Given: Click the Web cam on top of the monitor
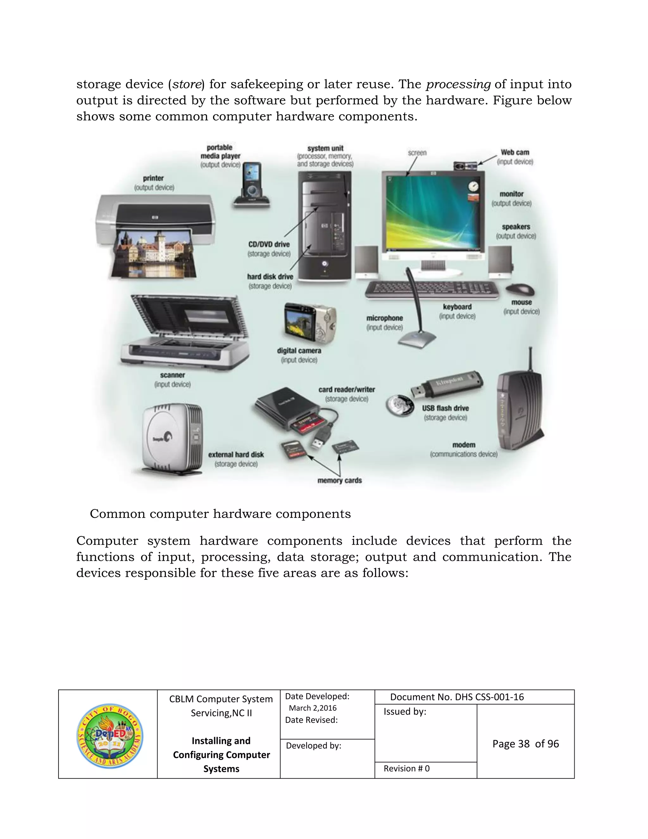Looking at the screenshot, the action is point(465,166).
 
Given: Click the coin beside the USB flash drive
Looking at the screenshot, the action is point(400,405).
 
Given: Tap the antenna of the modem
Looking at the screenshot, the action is point(530,359).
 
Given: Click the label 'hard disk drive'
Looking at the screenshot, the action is point(270,277).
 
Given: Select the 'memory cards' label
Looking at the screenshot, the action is point(340,480).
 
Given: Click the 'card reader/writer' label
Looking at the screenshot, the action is point(346,389).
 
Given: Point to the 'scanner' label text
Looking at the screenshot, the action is point(172,375).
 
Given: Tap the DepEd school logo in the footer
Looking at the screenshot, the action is point(110,736).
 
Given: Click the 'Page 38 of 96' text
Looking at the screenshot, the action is point(525,744).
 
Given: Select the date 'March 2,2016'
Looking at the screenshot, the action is point(313,708).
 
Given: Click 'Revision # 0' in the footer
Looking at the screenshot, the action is point(406,768).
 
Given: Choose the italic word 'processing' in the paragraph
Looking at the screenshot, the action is point(458,84).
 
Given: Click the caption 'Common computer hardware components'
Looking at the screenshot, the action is point(220,514).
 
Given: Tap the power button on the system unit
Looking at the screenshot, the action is point(325,263).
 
